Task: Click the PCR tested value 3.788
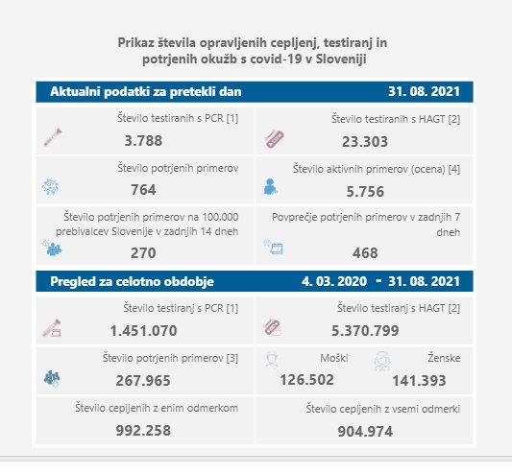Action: [x=143, y=141]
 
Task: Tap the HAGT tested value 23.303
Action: [x=365, y=142]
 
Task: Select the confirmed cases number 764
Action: [x=143, y=190]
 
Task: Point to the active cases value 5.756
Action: [x=365, y=192]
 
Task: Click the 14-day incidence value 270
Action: [x=143, y=253]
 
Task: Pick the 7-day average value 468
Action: [x=365, y=253]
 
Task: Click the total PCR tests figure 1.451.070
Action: [x=144, y=331]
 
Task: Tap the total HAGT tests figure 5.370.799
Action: [x=365, y=331]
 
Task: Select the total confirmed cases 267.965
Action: [x=143, y=381]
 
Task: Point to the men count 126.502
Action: [x=307, y=380]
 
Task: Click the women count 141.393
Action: [x=419, y=381]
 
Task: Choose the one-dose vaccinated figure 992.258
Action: [x=143, y=431]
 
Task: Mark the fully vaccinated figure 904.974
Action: [x=365, y=432]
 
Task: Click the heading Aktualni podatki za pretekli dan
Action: [x=146, y=92]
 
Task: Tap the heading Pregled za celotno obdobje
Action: [x=132, y=281]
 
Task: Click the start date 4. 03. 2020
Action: [x=334, y=281]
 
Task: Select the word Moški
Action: [x=334, y=358]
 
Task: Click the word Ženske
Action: [x=444, y=358]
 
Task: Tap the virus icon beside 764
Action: [x=51, y=187]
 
